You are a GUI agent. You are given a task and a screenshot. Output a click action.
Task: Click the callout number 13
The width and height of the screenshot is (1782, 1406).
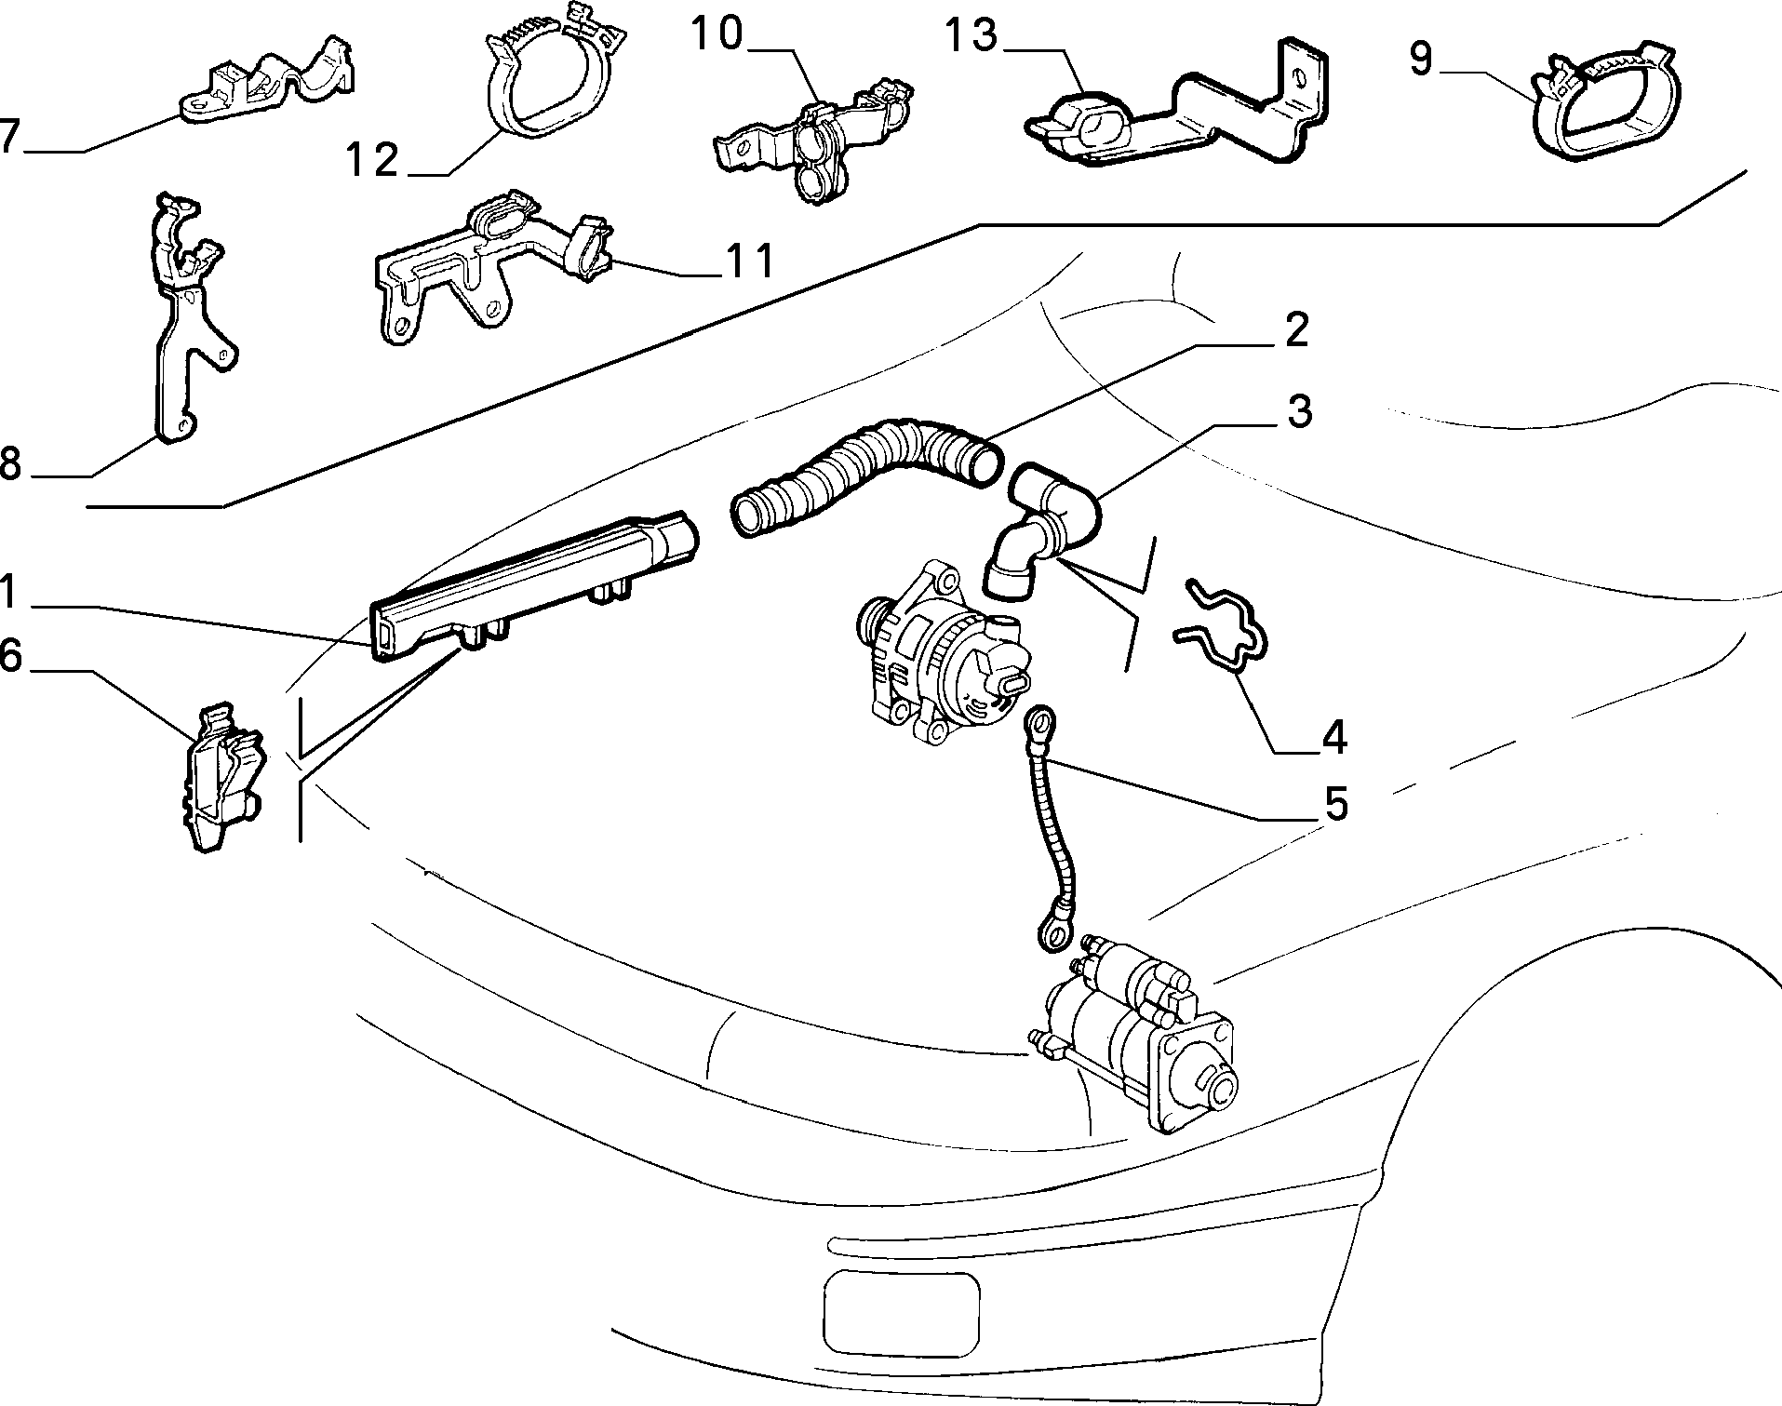point(971,37)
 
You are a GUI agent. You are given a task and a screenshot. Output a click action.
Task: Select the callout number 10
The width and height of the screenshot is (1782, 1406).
point(717,35)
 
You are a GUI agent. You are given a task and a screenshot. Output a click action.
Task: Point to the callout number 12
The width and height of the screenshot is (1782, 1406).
point(373,160)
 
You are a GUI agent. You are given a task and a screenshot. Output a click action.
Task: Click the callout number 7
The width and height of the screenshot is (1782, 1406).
point(10,136)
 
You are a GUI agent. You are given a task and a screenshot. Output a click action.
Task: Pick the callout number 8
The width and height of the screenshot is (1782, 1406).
point(10,462)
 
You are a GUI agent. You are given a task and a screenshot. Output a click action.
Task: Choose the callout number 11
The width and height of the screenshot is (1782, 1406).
point(749,261)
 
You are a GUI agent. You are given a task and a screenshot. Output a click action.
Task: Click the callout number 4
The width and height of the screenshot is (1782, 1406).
point(1333,737)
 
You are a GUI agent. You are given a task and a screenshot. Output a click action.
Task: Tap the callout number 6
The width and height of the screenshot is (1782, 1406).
point(10,655)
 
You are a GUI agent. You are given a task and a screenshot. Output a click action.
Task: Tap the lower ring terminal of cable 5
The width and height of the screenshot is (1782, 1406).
point(1054,933)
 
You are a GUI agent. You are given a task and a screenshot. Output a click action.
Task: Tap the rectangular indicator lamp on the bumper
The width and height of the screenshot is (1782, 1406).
point(902,1307)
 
